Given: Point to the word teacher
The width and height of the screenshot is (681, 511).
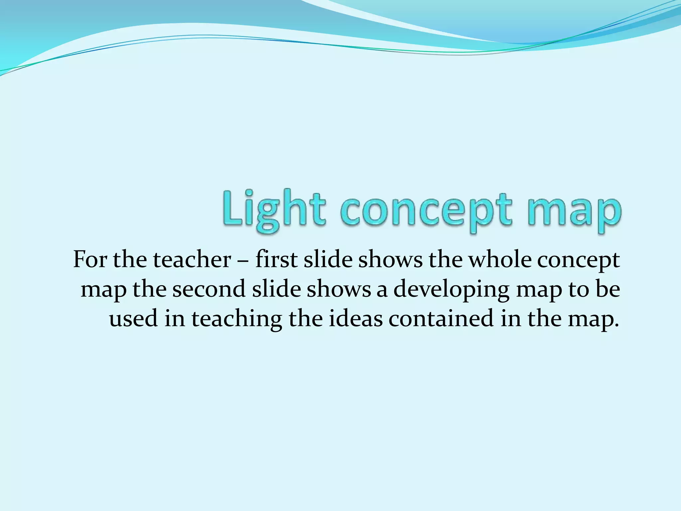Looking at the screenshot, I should coord(192,259).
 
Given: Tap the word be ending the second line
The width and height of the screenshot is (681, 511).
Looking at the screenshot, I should coord(608,289).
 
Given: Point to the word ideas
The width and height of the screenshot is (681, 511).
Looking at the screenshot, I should coord(355,318).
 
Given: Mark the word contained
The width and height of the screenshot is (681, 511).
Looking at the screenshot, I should coord(441,318).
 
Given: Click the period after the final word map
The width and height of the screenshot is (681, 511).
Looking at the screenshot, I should coord(617,325).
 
